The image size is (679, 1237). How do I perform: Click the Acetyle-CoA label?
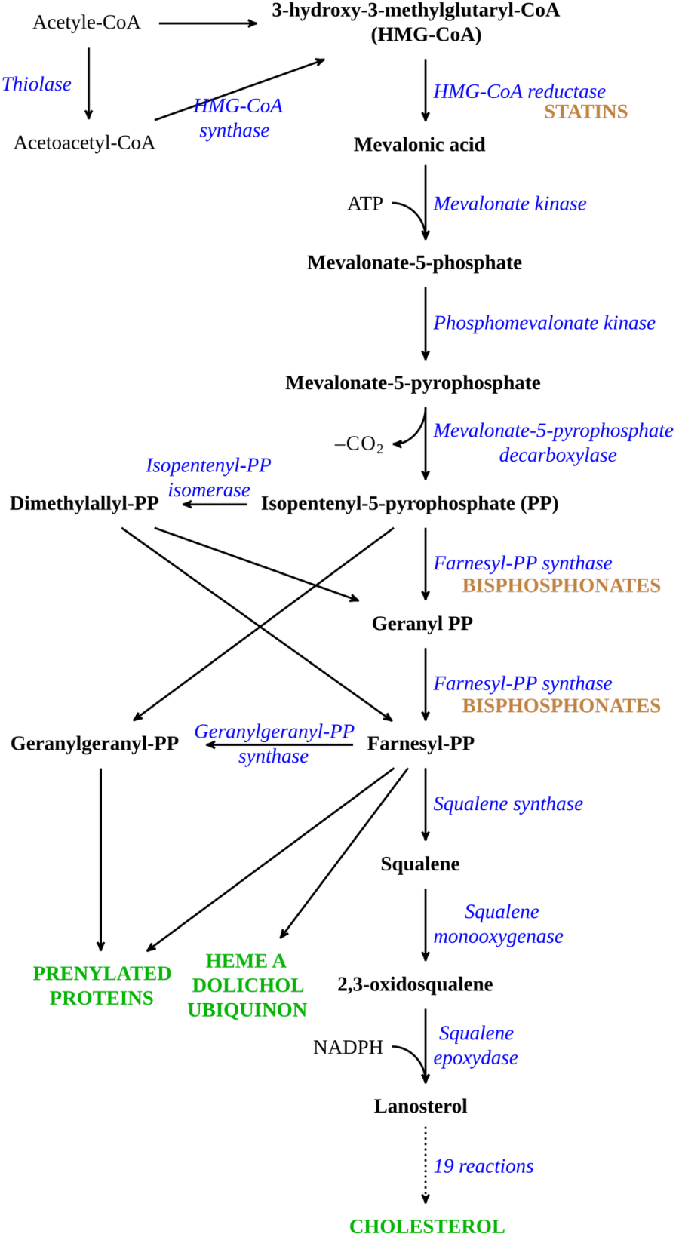coord(87,23)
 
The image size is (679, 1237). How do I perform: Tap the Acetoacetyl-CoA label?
coord(84,143)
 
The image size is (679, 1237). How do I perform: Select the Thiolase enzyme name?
coord(37,84)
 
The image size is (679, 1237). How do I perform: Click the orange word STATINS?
coord(585,112)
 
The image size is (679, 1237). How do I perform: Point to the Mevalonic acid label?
coord(420,145)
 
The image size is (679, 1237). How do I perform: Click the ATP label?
coord(365,204)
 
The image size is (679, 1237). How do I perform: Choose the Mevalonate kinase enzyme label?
coord(509,204)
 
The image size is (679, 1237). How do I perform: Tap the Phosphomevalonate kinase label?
coord(544,323)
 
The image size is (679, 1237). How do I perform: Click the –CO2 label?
coord(359,444)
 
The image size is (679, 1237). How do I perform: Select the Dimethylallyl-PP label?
coord(84,503)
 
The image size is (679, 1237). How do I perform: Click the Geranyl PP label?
coord(422,624)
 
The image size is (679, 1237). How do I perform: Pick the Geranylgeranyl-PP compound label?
coord(94,743)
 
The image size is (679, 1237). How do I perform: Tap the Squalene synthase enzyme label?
coord(508,804)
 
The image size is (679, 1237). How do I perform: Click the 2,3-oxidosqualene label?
coord(416,984)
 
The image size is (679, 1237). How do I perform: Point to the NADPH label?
coord(348,1047)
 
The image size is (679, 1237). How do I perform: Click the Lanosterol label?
coord(420,1106)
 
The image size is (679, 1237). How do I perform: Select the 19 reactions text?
coord(484,1166)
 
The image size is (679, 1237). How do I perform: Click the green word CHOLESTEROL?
coord(427,1226)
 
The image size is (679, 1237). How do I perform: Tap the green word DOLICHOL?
coord(248,985)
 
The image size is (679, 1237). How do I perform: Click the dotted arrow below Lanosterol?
coord(426,1165)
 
